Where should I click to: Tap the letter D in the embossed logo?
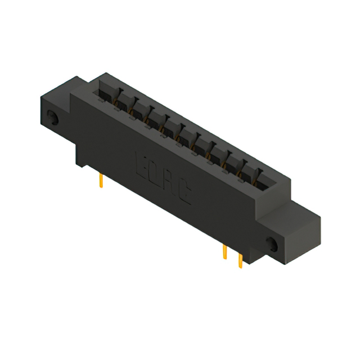[157, 171]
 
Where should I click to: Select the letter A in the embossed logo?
[170, 181]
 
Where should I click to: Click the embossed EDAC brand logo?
[164, 176]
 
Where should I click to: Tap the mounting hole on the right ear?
[272, 245]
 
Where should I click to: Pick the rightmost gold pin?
[241, 260]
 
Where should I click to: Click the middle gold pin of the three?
[224, 252]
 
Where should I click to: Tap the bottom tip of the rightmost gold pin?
[241, 267]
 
